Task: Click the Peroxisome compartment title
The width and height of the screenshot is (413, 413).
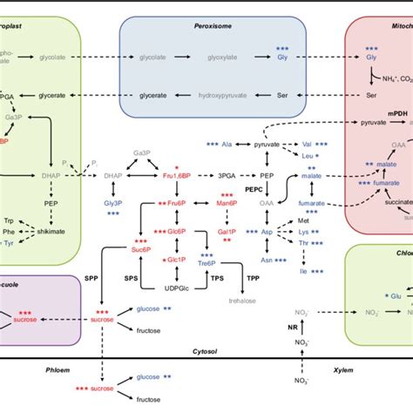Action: [x=212, y=27]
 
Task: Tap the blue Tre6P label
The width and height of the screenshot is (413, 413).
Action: [x=227, y=263]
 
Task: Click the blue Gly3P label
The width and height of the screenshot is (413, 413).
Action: [x=113, y=202]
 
